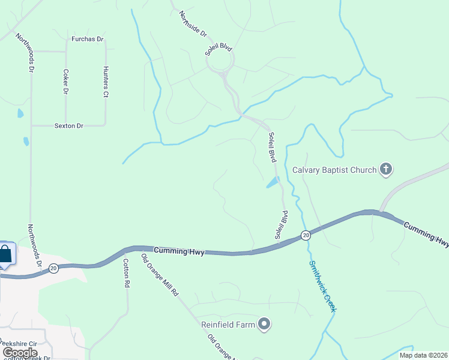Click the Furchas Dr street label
pos(88,40)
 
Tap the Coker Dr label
pos(66,82)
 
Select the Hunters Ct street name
pos(106,82)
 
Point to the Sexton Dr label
pos(68,125)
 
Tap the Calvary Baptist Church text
pos(334,170)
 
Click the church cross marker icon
pos(386,170)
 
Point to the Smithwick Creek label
pos(322,286)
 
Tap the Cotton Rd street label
pos(127,273)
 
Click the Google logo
pos(20,353)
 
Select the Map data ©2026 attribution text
pos(423,355)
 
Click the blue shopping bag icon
pos(5,254)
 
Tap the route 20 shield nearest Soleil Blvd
pos(306,235)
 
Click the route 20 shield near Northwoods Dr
pos(54,269)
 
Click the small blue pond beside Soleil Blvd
pos(273,182)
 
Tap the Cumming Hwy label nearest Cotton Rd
pos(179,251)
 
